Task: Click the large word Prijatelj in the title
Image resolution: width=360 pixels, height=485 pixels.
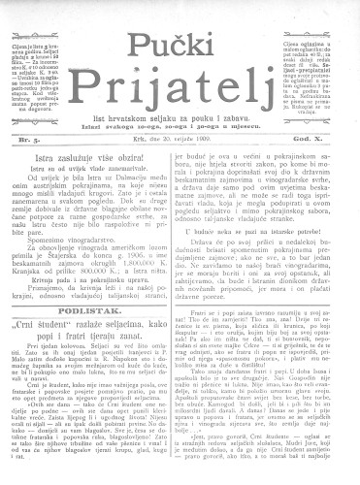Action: pyautogui.click(x=180, y=76)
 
